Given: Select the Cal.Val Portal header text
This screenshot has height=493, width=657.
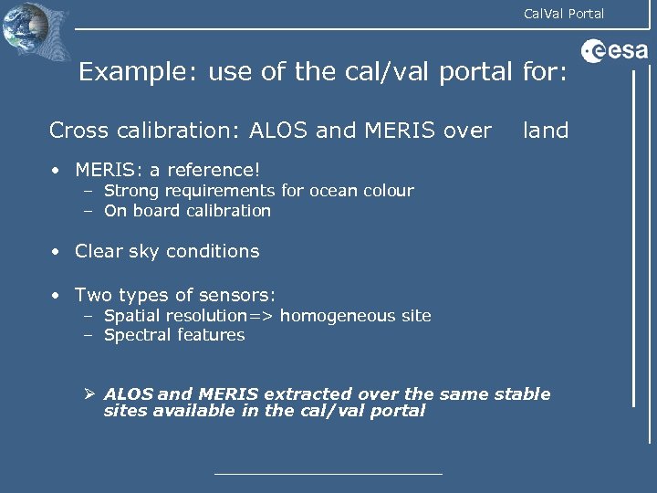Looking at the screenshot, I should pyautogui.click(x=563, y=13).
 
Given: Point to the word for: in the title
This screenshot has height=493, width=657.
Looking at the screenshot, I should pyautogui.click(x=545, y=72).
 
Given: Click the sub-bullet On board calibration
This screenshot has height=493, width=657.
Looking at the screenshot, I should pyautogui.click(x=187, y=211).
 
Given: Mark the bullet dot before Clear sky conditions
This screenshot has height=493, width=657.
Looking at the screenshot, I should pyautogui.click(x=56, y=251).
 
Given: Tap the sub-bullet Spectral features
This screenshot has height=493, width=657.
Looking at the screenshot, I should pyautogui.click(x=174, y=335).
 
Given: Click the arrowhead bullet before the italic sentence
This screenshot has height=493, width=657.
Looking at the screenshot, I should pyautogui.click(x=90, y=394).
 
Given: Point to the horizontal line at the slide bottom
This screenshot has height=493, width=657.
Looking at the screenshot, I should pyautogui.click(x=328, y=474).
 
